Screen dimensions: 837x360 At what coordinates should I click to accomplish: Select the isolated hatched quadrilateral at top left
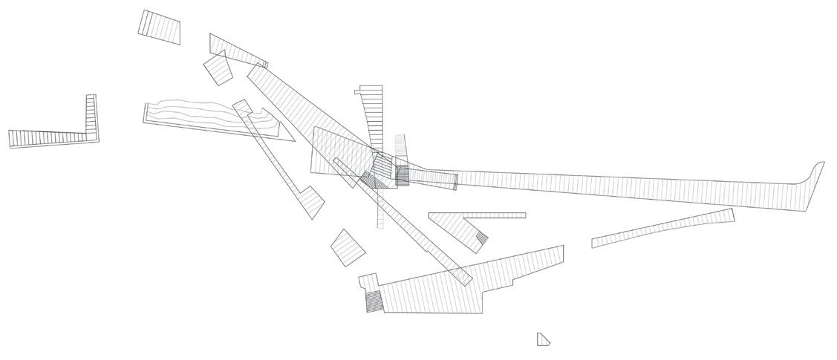pos(160,26)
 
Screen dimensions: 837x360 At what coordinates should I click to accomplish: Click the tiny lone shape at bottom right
pos(542,339)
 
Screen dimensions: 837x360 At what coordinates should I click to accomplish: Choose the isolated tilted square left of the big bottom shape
pos(348,247)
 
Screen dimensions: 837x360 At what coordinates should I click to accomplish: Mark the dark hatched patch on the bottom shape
pos(374,301)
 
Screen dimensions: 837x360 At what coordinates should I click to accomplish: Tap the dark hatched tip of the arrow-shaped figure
pos(481,238)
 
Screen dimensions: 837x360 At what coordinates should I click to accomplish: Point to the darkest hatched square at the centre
pos(402,175)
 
